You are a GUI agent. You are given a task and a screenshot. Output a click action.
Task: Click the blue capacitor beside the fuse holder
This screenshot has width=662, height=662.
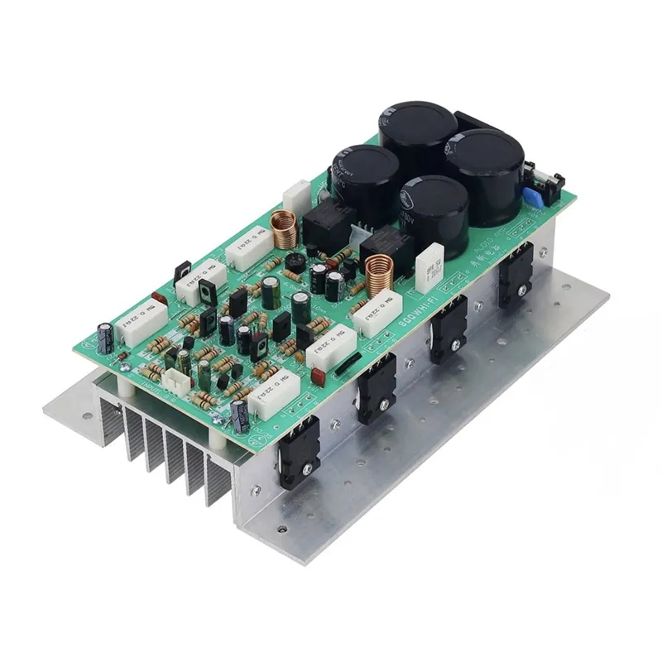(x=531, y=197)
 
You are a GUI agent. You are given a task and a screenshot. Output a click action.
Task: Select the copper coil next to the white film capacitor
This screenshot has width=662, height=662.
(x=380, y=272)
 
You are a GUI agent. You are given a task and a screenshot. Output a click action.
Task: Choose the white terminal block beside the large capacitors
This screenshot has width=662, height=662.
(x=296, y=195)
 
